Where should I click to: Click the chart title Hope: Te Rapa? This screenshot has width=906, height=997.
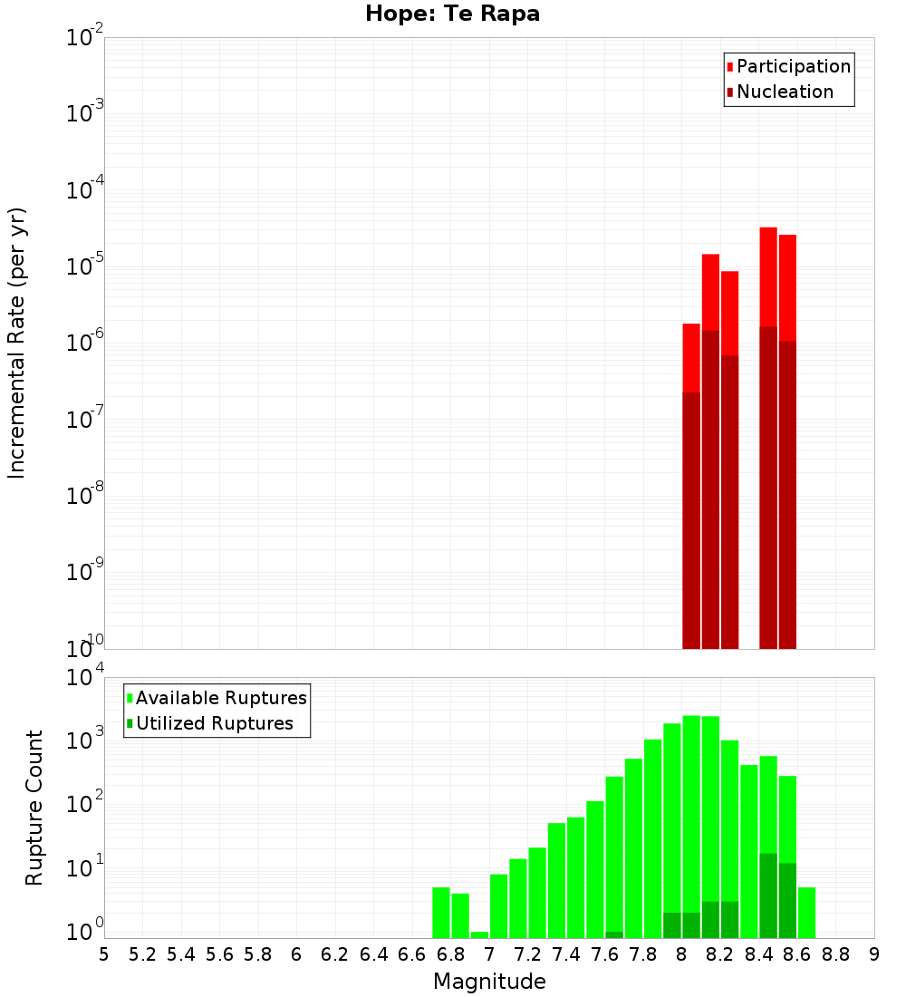(x=452, y=15)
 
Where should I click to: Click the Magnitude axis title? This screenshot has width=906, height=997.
(x=489, y=982)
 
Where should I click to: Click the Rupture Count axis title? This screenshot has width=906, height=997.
(x=34, y=808)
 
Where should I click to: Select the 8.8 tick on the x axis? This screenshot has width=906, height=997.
(x=836, y=954)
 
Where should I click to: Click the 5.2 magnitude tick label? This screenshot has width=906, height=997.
(x=142, y=954)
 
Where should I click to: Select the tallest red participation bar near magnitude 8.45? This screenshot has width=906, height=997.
(x=768, y=272)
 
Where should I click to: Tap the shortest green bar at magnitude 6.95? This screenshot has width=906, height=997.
(x=479, y=934)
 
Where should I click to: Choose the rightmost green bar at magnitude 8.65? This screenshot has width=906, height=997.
(x=806, y=913)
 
